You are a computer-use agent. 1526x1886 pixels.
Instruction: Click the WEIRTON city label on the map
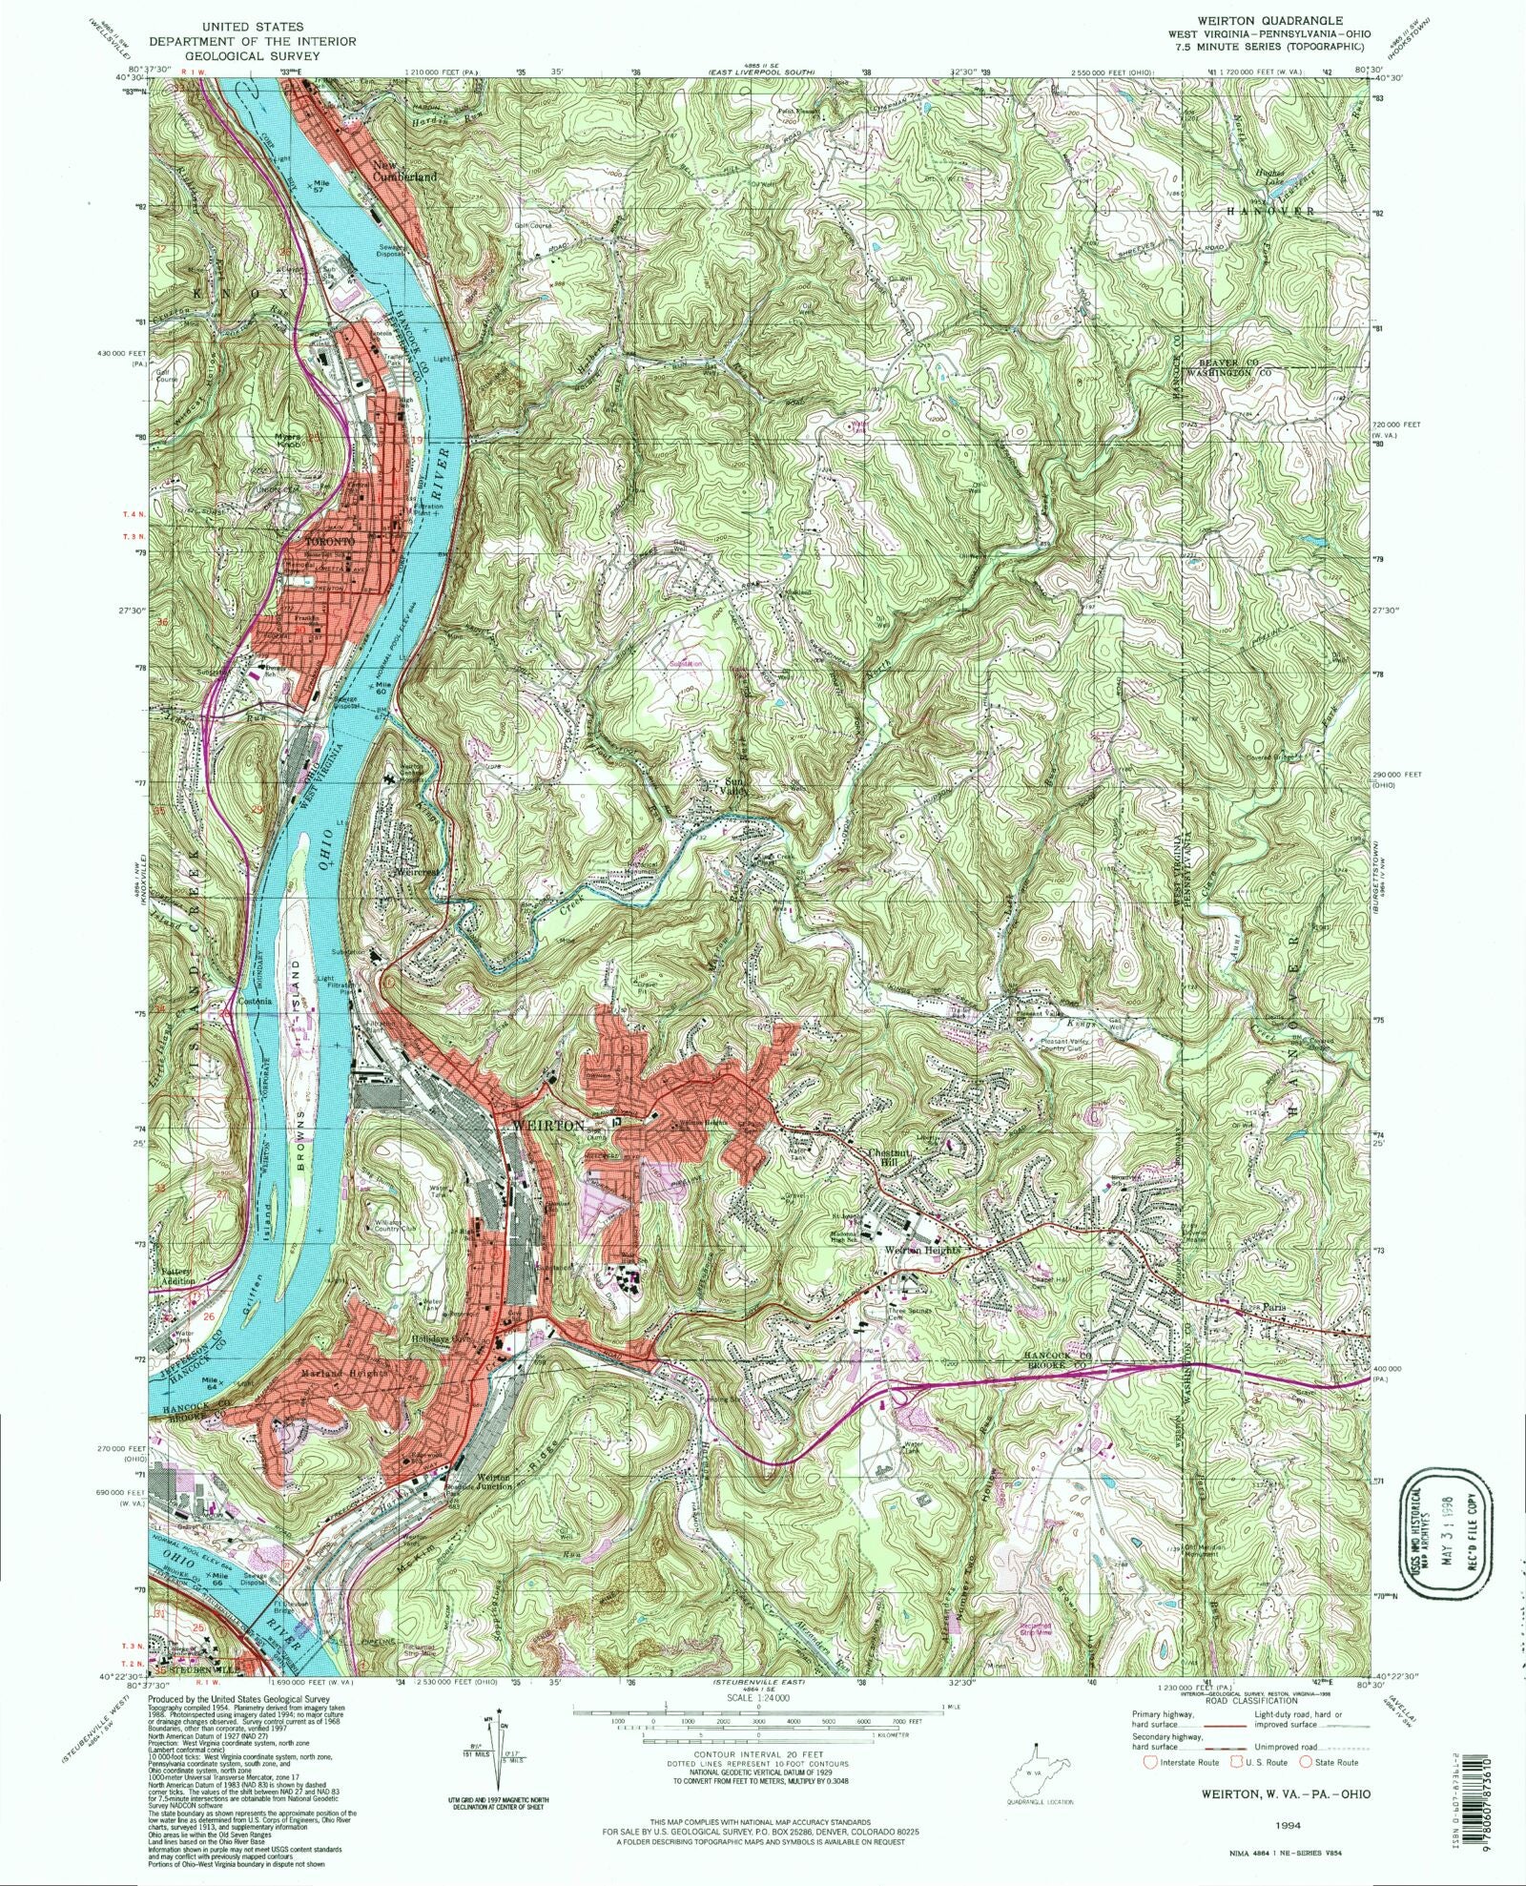point(547,1126)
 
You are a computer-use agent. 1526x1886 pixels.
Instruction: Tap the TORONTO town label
point(328,541)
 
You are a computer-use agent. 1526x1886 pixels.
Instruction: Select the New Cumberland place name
point(405,171)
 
